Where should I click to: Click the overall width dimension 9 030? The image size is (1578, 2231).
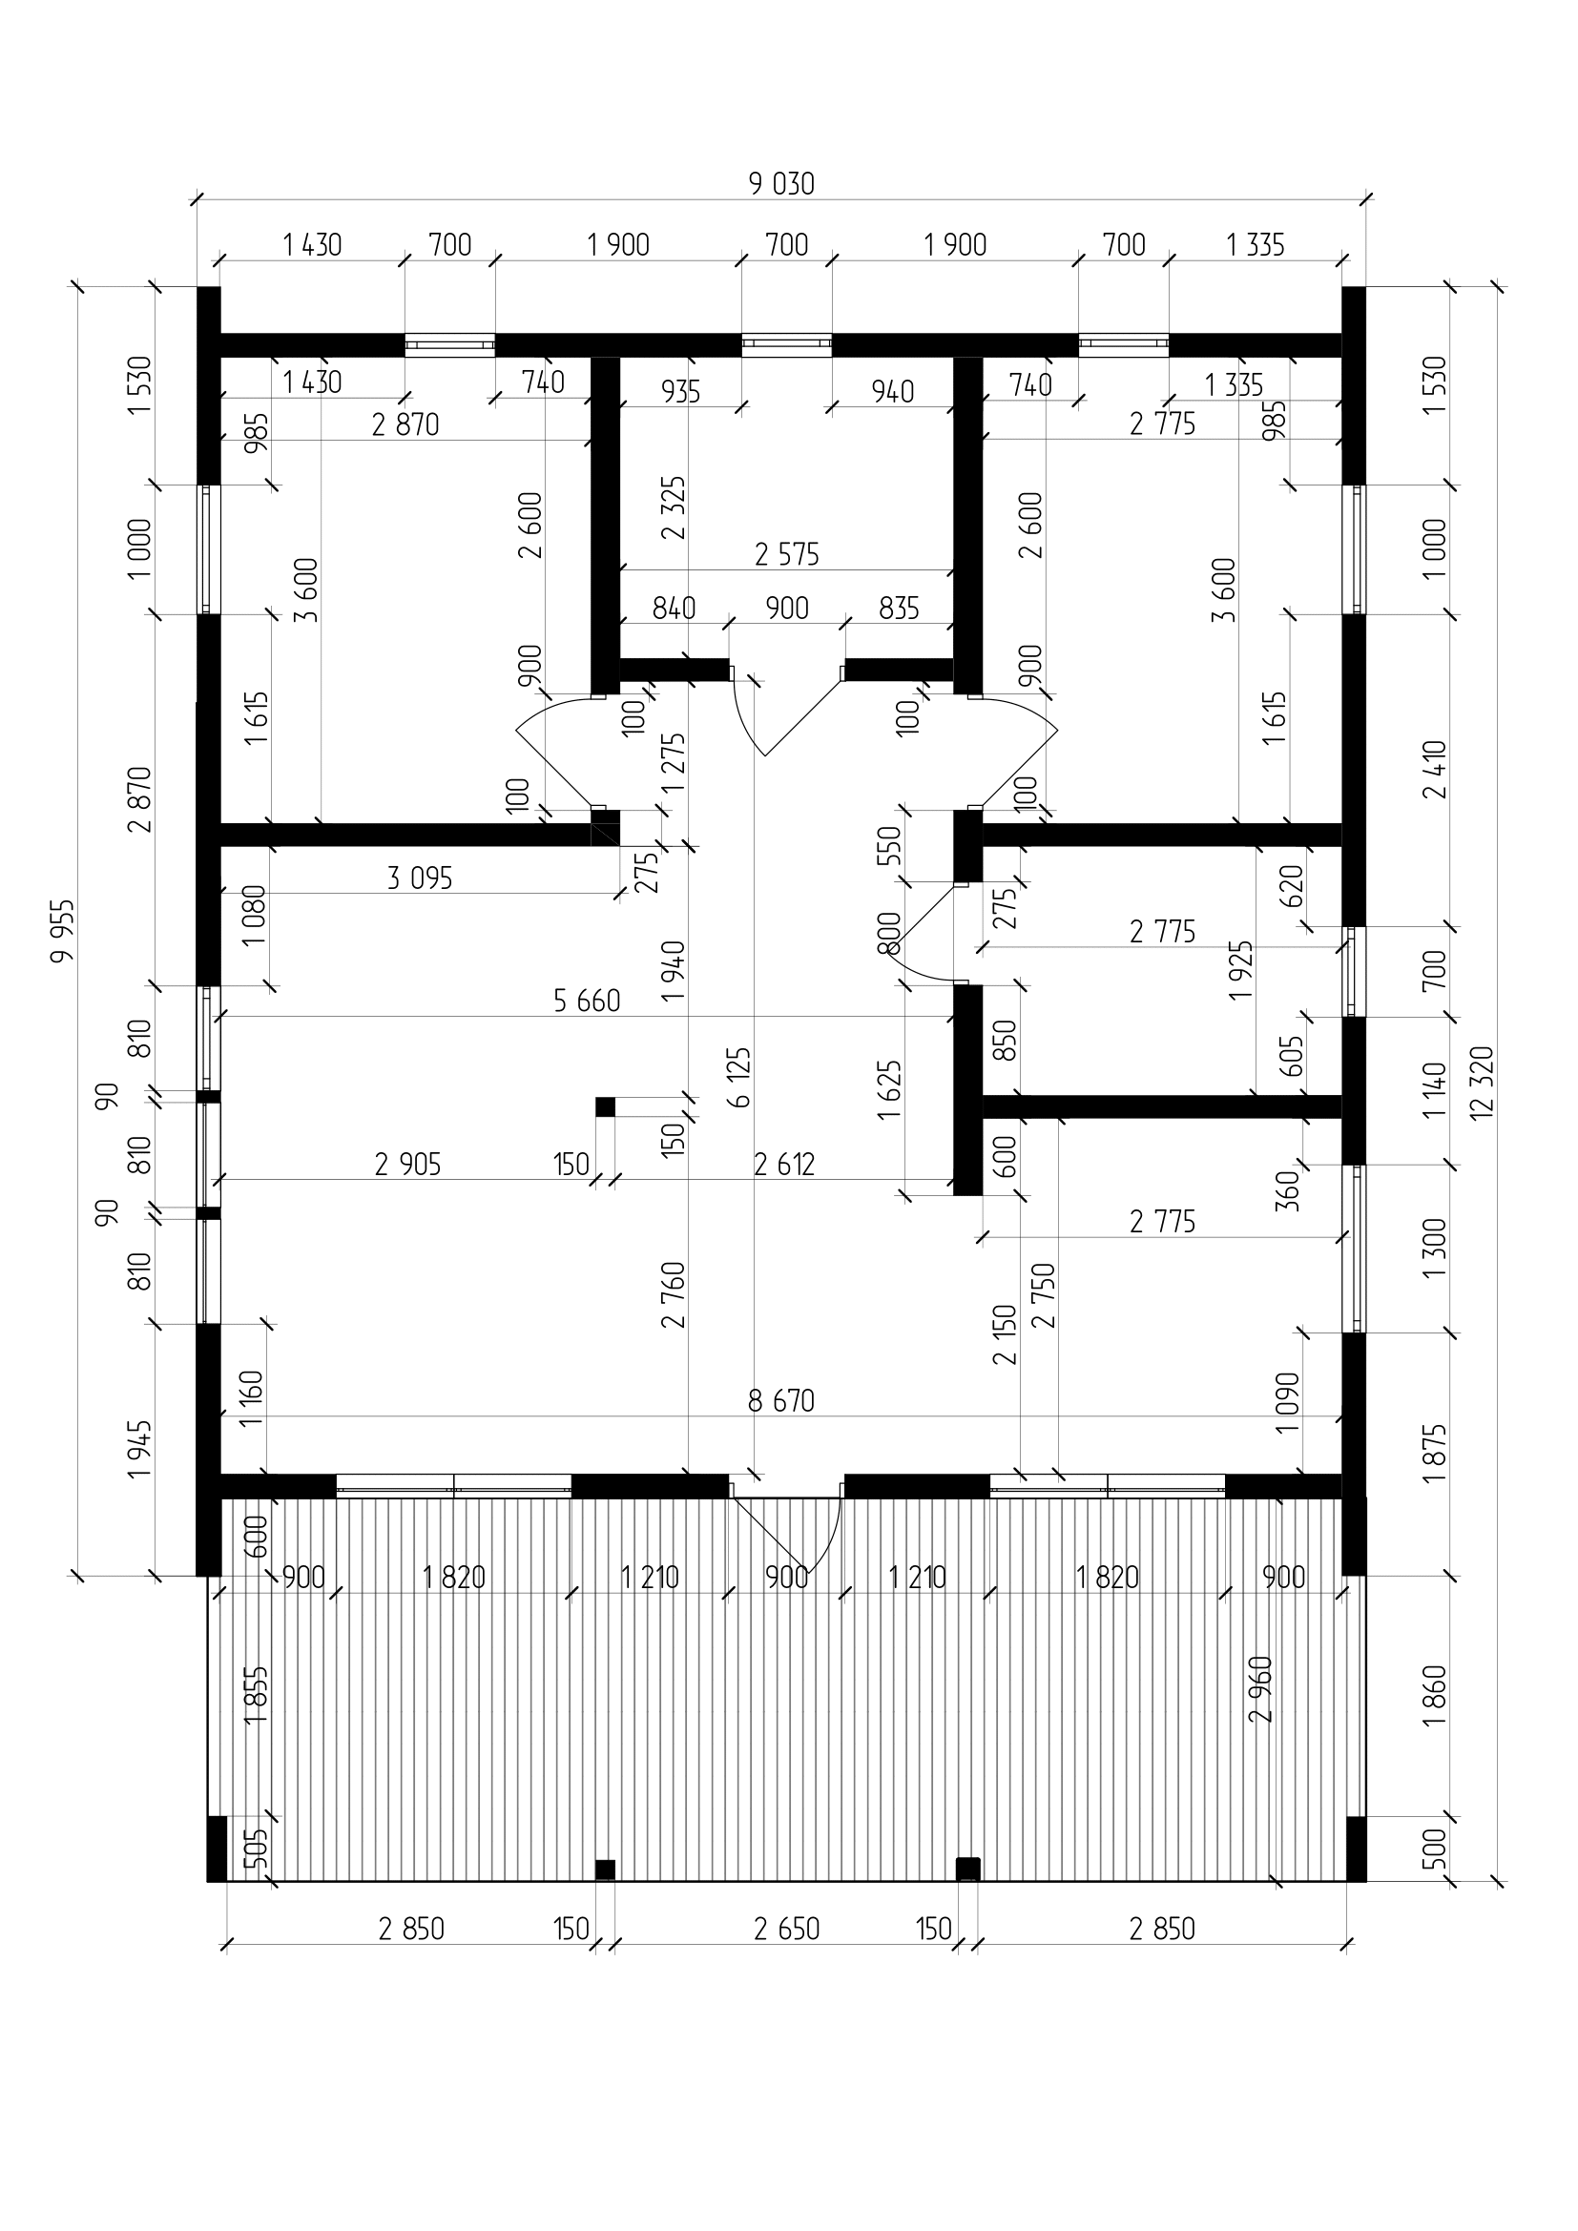pyautogui.click(x=781, y=184)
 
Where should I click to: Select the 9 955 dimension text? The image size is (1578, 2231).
pyautogui.click(x=63, y=930)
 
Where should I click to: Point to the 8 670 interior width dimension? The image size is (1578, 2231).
pyautogui.click(x=781, y=1400)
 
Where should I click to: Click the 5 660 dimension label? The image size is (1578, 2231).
pyautogui.click(x=587, y=1000)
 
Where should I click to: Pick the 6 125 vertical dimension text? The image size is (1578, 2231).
pyautogui.click(x=739, y=1077)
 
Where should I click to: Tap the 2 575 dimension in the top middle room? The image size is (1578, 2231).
pyautogui.click(x=787, y=554)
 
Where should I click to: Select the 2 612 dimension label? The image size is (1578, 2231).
pyautogui.click(x=784, y=1163)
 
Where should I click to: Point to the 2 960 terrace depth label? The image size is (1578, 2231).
pyautogui.click(x=1261, y=1689)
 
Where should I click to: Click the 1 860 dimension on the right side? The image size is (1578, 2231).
pyautogui.click(x=1434, y=1696)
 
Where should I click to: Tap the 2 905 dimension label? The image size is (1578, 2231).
pyautogui.click(x=408, y=1163)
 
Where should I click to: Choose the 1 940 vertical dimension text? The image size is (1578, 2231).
pyautogui.click(x=674, y=973)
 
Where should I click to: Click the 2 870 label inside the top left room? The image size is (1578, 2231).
pyautogui.click(x=405, y=424)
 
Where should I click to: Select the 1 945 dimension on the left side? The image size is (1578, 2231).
pyautogui.click(x=140, y=1449)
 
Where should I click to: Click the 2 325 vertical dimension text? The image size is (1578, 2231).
pyautogui.click(x=674, y=507)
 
